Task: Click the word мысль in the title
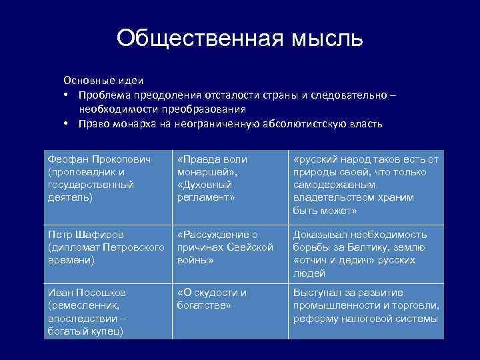[326, 39]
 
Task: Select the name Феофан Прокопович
[99, 159]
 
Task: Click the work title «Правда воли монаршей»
[212, 165]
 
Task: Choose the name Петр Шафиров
[86, 235]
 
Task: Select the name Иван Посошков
[87, 293]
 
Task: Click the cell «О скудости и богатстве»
[211, 299]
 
